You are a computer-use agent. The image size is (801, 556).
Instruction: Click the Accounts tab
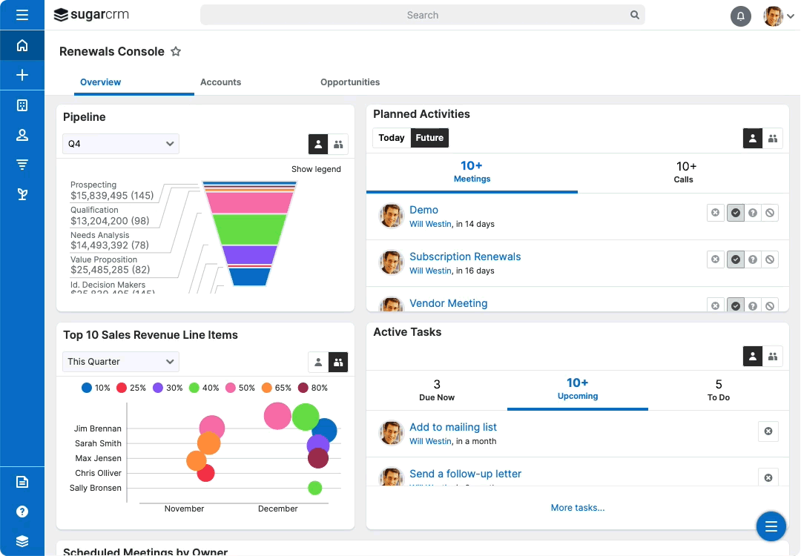click(220, 82)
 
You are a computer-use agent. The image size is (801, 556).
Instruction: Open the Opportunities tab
click(350, 82)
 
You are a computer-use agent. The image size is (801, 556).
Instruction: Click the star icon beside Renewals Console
click(176, 52)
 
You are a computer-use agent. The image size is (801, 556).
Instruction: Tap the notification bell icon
click(740, 16)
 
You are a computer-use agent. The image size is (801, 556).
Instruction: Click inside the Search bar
click(422, 15)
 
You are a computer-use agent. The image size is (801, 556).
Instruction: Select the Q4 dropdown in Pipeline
click(121, 144)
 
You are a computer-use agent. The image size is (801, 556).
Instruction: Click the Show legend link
click(316, 169)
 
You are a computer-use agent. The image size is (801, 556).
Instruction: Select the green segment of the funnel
click(249, 228)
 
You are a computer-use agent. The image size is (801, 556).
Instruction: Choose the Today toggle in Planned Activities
click(392, 138)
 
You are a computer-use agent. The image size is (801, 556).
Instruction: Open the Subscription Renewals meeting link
click(465, 257)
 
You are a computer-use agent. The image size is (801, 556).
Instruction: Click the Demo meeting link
click(423, 210)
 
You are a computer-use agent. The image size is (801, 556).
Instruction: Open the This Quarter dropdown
click(121, 362)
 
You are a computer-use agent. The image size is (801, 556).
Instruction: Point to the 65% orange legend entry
click(277, 388)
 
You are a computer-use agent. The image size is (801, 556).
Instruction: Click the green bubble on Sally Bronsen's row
click(314, 488)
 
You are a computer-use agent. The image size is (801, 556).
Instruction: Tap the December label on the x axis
click(277, 509)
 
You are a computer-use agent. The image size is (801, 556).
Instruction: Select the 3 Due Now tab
click(437, 390)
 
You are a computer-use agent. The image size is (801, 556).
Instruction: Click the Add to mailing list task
click(453, 427)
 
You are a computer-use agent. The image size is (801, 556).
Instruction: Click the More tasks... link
click(577, 508)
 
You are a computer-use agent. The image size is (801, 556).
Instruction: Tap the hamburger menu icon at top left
click(22, 15)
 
